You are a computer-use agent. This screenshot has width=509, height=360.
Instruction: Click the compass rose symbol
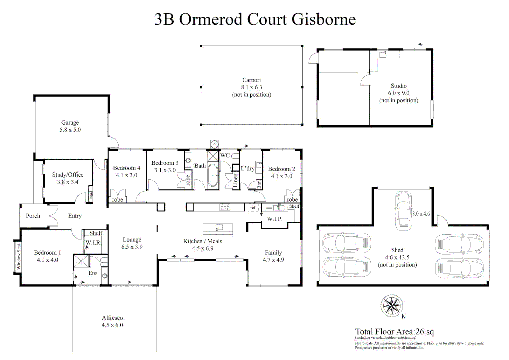pyautogui.click(x=391, y=306)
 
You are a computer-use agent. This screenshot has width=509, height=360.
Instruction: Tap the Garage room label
pyautogui.click(x=70, y=123)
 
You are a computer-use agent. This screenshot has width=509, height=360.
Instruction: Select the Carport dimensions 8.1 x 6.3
pyautogui.click(x=252, y=87)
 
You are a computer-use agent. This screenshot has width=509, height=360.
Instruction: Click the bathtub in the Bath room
pyautogui.click(x=213, y=175)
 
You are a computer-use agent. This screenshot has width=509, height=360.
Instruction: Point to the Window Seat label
pyautogui.click(x=19, y=256)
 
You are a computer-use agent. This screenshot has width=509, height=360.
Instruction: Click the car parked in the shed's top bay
pyautogui.click(x=403, y=211)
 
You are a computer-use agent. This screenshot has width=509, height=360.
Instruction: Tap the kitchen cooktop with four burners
pyautogui.click(x=225, y=207)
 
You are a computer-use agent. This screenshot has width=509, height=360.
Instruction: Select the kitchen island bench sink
pyautogui.click(x=218, y=228)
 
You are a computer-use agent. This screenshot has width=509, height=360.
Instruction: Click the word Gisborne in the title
pyautogui.click(x=324, y=19)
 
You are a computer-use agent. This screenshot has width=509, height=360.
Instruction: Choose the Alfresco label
pyautogui.click(x=112, y=318)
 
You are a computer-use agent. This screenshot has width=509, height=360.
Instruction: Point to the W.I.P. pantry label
pyautogui.click(x=275, y=219)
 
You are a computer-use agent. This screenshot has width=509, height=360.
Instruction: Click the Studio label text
pyautogui.click(x=399, y=86)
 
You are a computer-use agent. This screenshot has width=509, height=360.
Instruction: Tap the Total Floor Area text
pyautogui.click(x=394, y=332)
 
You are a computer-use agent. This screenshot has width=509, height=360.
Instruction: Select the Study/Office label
pyautogui.click(x=68, y=175)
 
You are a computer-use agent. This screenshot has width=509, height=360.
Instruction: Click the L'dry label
pyautogui.click(x=248, y=168)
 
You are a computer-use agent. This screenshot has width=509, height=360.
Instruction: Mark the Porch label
pyautogui.click(x=33, y=216)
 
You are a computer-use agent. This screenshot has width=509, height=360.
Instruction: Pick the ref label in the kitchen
pyautogui.click(x=253, y=208)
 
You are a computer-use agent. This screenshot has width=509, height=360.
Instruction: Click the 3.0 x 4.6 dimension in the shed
pyautogui.click(x=421, y=214)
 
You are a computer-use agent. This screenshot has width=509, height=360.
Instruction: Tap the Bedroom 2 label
pyautogui.click(x=281, y=169)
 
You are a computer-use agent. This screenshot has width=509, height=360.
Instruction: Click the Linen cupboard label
pyautogui.click(x=235, y=180)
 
